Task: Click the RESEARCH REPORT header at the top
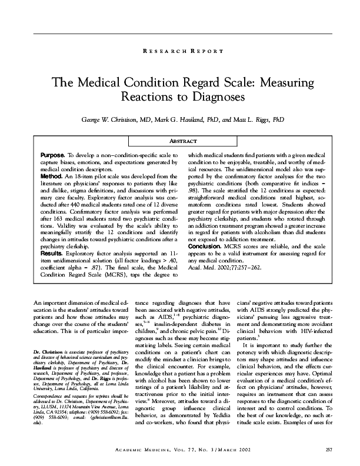coord(182,52)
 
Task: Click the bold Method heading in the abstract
coord(52,175)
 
